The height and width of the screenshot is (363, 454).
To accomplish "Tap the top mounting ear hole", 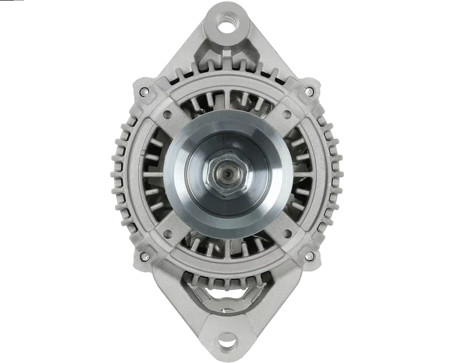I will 227,25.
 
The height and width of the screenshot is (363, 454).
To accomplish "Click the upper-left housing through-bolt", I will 144,91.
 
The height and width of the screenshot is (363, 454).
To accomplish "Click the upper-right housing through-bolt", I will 309,90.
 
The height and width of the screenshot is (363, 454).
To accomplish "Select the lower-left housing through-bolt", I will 145,256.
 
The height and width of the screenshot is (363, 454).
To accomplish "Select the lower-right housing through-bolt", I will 310,257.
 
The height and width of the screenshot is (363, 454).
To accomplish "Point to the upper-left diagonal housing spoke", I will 176,121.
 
